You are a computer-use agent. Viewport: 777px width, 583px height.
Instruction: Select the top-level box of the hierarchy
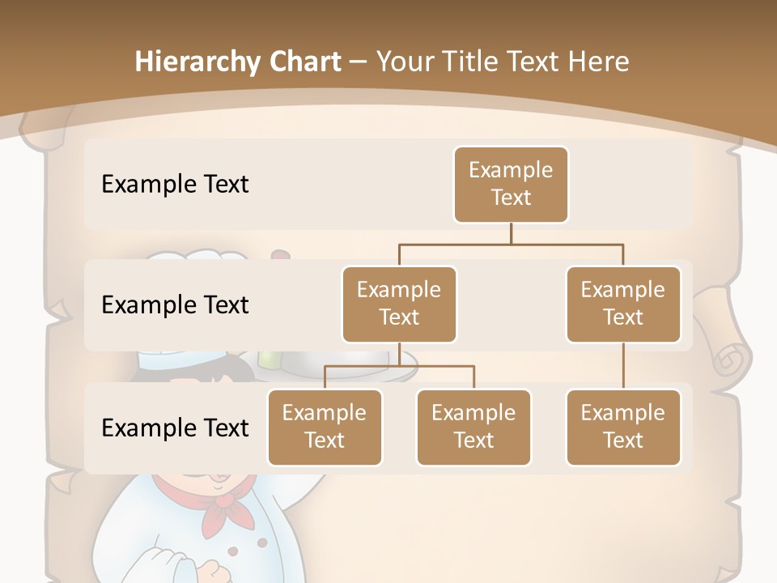pos(511,184)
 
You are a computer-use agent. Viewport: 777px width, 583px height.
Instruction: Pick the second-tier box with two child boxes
pos(399,304)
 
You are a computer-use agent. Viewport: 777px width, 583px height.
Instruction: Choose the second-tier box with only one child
pos(623,304)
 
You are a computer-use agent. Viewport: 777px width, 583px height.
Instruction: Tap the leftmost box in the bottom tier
pos(325,427)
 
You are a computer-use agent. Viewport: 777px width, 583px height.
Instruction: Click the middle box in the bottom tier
pos(473,427)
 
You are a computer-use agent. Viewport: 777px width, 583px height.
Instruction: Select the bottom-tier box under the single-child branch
pos(623,427)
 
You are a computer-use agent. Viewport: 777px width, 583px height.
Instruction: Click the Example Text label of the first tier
pos(175,184)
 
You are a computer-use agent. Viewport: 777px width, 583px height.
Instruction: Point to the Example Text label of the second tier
pos(175,304)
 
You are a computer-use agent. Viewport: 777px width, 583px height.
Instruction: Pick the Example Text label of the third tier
pos(175,427)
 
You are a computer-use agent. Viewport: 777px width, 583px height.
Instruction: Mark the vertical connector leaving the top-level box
pos(511,233)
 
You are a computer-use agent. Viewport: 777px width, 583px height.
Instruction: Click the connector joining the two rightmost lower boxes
pos(623,366)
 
